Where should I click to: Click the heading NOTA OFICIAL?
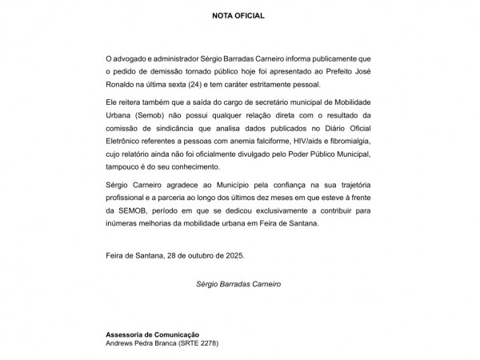(238, 15)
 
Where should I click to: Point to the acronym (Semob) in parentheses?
(151, 115)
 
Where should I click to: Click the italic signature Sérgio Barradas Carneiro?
(238, 283)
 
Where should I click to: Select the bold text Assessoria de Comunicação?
(152, 334)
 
